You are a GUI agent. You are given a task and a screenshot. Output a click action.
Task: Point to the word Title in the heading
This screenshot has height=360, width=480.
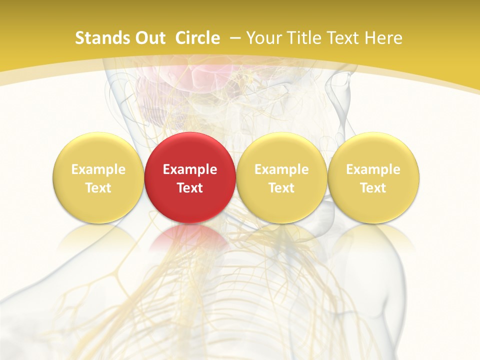301,38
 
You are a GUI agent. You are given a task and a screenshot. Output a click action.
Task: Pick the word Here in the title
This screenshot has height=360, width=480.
383,38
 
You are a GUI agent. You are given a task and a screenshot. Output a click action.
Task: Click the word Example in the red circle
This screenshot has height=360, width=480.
190,169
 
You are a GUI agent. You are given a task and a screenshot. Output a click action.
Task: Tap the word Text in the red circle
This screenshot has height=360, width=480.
190,188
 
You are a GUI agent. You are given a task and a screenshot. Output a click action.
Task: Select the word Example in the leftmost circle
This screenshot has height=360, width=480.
98,169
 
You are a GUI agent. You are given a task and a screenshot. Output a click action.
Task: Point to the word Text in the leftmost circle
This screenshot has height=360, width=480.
98,188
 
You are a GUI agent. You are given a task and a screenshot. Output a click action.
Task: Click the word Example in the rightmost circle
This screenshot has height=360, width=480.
373,169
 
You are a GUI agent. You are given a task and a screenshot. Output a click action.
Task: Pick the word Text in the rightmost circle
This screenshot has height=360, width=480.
373,188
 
